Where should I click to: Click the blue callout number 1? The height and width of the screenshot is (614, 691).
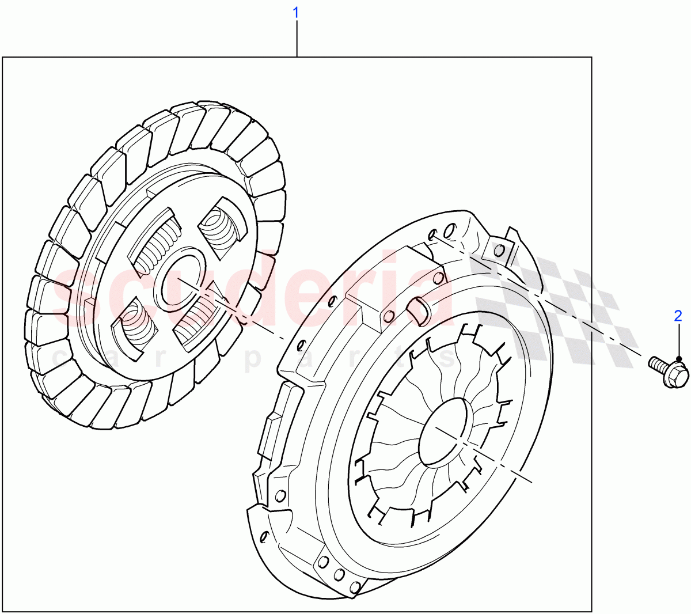tap(297, 12)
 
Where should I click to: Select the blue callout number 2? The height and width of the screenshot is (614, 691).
tap(678, 315)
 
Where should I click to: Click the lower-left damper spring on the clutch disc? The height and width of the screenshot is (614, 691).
tap(137, 326)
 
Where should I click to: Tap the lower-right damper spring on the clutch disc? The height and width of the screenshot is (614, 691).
tap(194, 320)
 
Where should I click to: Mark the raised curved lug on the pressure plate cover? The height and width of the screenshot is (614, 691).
tap(418, 311)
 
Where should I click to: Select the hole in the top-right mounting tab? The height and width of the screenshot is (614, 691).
tap(499, 250)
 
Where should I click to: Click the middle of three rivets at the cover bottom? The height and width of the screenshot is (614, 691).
tap(339, 575)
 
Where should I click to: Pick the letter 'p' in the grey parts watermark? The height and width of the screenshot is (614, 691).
tap(252, 361)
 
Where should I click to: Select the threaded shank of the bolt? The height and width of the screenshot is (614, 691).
tap(656, 364)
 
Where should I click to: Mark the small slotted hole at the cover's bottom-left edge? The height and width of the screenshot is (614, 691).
tap(264, 538)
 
